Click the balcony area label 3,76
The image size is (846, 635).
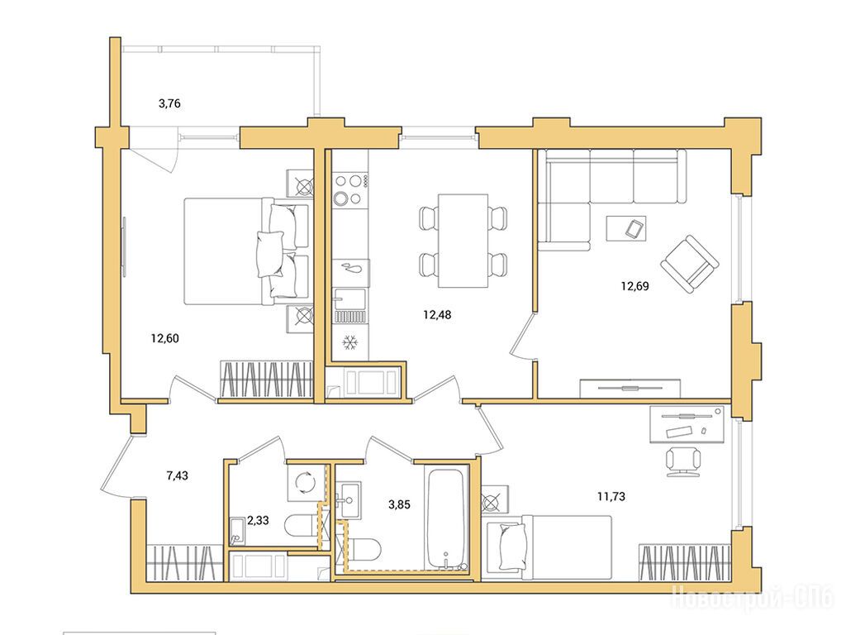pyautogui.click(x=169, y=103)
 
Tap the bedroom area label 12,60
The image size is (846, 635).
pyautogui.click(x=164, y=338)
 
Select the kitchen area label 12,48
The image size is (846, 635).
pyautogui.click(x=437, y=314)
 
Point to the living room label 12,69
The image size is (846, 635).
pyautogui.click(x=634, y=286)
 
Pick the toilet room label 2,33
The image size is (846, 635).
pyautogui.click(x=258, y=521)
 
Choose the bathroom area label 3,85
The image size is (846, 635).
pyautogui.click(x=399, y=505)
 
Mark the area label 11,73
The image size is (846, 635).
pyautogui.click(x=611, y=496)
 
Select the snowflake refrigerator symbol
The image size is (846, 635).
pyautogui.click(x=350, y=342)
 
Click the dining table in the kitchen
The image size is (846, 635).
pyautogui.click(x=463, y=241)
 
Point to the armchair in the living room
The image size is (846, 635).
pyautogui.click(x=690, y=264)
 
